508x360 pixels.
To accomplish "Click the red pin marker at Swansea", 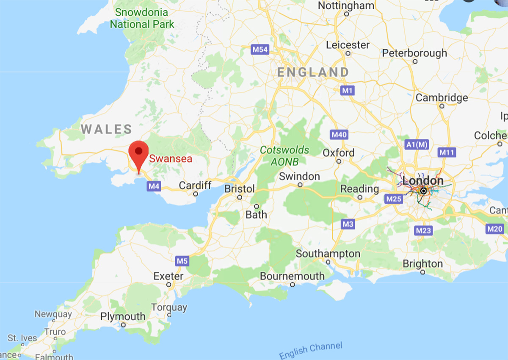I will pos(138,152).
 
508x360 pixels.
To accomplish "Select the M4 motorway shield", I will pos(154,186).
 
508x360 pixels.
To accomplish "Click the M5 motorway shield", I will pos(182,261).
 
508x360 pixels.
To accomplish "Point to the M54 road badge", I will pos(260,49).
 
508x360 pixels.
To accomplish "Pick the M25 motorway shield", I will pos(394,198).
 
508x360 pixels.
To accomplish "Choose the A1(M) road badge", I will pos(417,144).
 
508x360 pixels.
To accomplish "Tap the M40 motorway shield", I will pos(339,135).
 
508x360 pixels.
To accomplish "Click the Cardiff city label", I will pos(195,185).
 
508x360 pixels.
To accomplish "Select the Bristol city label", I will pos(240,189).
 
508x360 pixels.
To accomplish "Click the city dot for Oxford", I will pos(339,161).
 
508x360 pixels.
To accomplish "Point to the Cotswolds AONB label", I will pos(284,156).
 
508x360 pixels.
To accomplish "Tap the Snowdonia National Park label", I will pos(142,18).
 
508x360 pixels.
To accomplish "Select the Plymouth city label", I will pos(123,316).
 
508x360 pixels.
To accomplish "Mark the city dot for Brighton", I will pos(422,272).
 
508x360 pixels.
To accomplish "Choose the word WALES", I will pos(106,129).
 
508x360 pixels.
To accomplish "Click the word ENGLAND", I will pos(313,72).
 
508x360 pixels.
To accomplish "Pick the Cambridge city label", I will pos(442,98).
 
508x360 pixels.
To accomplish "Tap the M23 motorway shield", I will pos(423,230).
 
